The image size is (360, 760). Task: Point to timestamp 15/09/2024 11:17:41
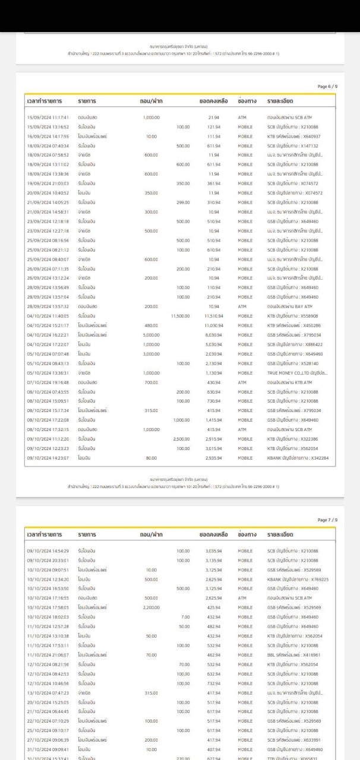pyautogui.click(x=48, y=118)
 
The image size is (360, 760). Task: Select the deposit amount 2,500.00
pyautogui.click(x=181, y=439)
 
